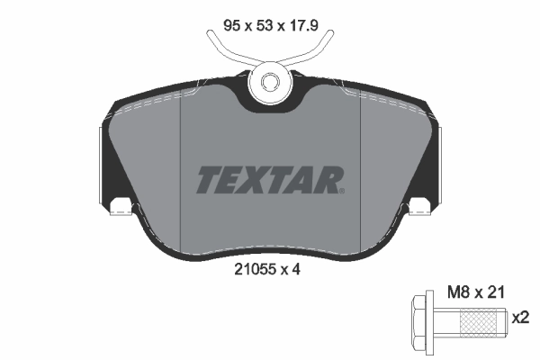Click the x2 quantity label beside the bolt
point(520,318)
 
